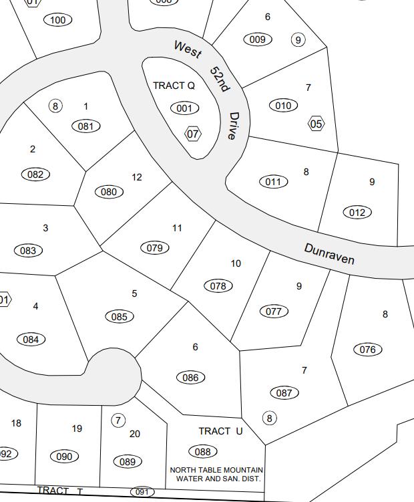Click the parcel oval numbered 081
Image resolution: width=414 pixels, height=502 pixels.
[x=85, y=126]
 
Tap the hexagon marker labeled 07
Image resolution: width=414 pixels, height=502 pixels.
[x=193, y=134]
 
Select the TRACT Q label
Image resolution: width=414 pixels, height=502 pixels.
[x=174, y=86]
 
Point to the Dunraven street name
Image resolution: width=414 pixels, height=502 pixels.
[x=329, y=254]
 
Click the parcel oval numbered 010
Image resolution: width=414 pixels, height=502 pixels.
[x=283, y=105]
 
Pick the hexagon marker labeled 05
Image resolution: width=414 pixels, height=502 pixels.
[x=316, y=124]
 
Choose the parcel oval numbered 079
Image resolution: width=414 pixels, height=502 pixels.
[x=154, y=248]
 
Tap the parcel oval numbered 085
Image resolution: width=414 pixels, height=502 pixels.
[x=119, y=316]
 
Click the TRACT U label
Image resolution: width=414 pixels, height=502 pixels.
[x=220, y=431]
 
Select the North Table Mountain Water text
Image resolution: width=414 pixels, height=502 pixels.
[x=217, y=475]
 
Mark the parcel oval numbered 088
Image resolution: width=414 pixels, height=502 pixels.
[x=203, y=452]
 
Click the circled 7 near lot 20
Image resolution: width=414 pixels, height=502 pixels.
[x=118, y=420]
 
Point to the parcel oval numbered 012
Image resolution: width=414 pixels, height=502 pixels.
[x=357, y=213]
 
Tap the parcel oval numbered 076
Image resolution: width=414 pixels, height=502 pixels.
[x=367, y=349]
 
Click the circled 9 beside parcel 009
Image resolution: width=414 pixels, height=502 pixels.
[x=298, y=40]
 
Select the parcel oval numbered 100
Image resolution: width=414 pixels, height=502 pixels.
[x=58, y=20]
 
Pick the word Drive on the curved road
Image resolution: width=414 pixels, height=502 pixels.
[x=232, y=126]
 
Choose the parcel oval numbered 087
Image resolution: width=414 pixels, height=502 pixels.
[x=284, y=393]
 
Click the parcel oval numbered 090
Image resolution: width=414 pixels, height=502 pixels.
[x=64, y=457]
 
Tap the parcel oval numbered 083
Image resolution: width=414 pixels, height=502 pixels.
[x=28, y=251]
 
